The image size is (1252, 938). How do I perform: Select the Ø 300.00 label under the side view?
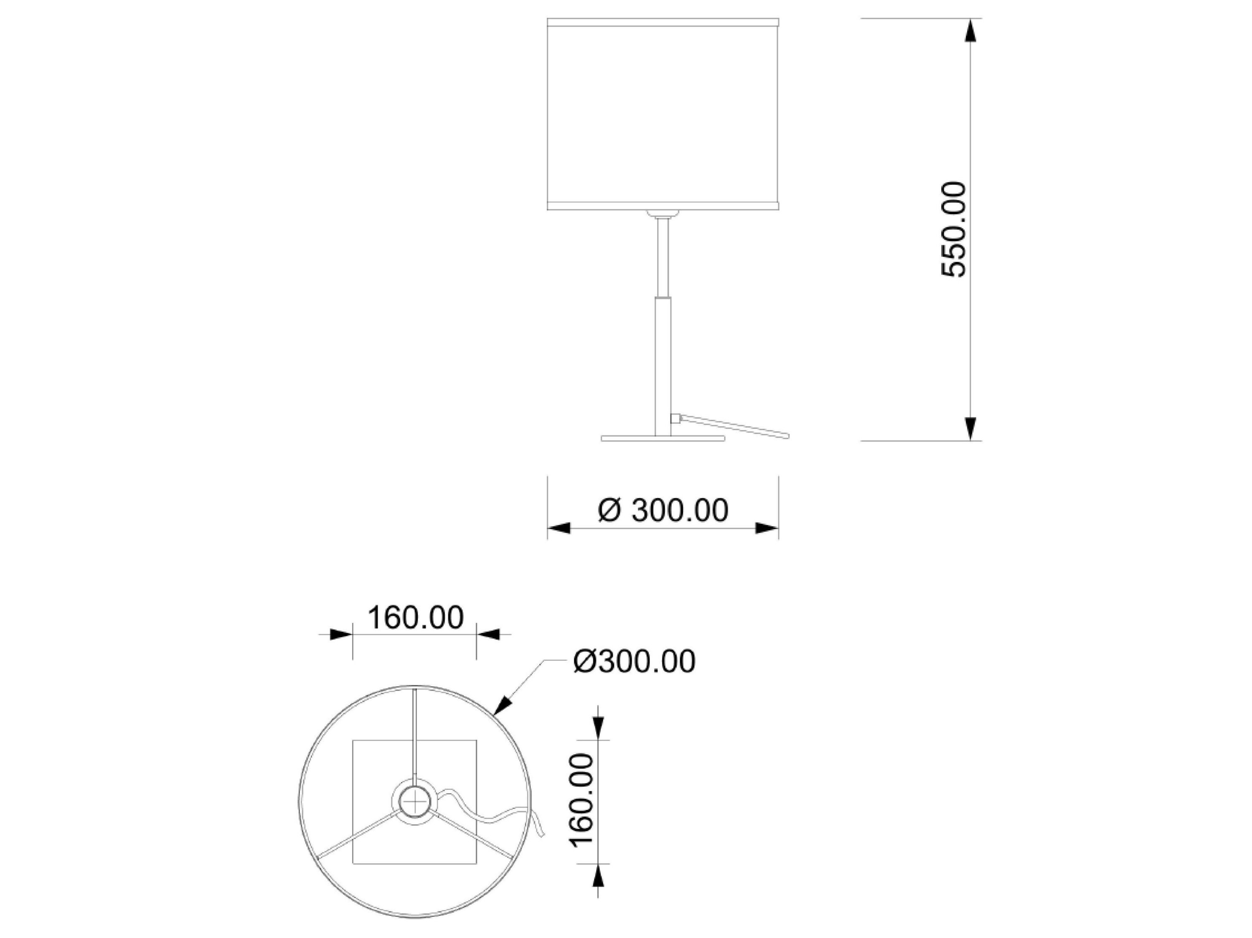point(663,510)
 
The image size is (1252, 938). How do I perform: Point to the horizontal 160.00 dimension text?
point(415,617)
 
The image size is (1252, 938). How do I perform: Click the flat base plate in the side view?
point(662,438)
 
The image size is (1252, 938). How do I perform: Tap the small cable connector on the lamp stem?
point(675,419)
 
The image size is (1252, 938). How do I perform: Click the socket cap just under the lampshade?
point(662,214)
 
